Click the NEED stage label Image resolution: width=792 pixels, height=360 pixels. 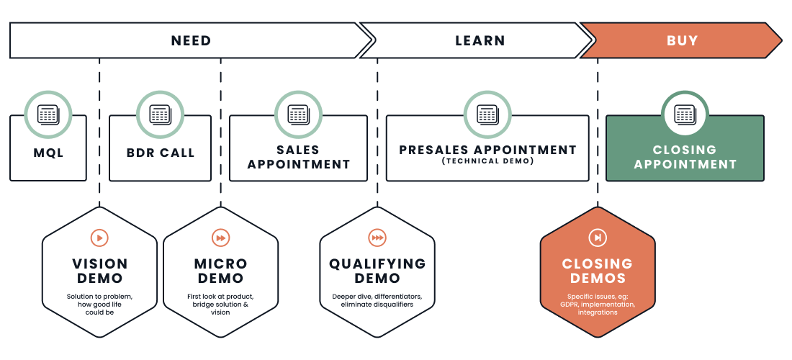pos(191,40)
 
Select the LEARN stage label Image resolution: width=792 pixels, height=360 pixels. pos(480,40)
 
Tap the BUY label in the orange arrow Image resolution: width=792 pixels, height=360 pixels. pos(682,40)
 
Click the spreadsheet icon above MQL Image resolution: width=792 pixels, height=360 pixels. pos(48,114)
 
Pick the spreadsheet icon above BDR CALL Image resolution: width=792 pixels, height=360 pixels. pos(160,114)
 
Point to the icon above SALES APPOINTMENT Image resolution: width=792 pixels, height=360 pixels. pos(298,114)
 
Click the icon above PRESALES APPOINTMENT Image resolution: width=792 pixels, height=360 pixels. pos(487,114)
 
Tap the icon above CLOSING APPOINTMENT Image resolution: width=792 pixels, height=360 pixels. pos(685,114)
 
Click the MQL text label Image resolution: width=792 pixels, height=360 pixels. pos(48,153)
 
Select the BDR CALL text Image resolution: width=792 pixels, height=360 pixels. pos(161,153)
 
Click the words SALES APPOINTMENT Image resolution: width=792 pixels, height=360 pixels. pos(298,157)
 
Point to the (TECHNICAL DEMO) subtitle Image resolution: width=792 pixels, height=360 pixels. pos(487,161)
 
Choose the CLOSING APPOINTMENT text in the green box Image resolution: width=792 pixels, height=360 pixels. pos(685,157)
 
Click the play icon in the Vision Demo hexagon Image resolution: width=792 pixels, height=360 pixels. pos(99,238)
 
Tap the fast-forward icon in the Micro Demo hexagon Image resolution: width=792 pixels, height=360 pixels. pos(220,238)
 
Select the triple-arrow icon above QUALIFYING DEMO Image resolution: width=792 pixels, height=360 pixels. pos(377,238)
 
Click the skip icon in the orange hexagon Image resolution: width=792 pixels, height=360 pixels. pos(598,238)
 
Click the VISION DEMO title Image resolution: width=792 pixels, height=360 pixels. pos(99,271)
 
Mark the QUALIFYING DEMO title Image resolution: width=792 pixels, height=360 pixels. pos(377,271)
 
